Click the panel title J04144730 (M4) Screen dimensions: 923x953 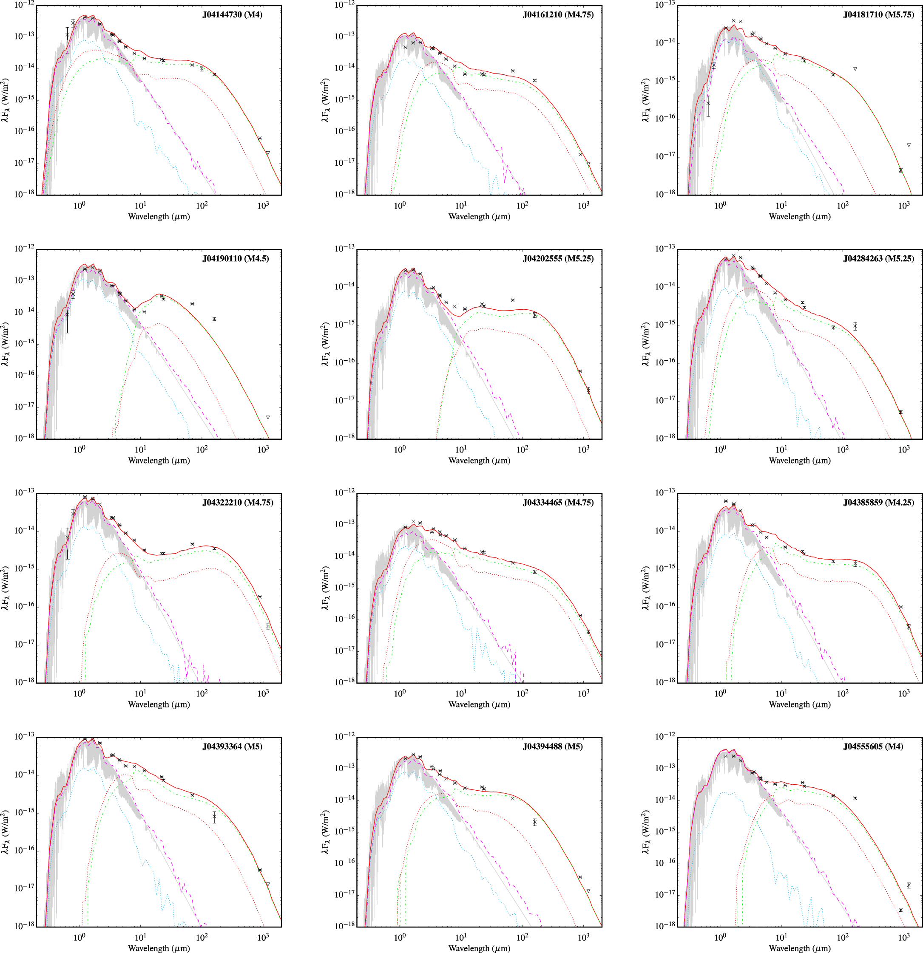click(232, 14)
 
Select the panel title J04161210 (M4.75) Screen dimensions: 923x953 click(558, 14)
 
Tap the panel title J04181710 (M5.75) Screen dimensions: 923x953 click(879, 14)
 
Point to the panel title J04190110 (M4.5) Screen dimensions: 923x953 click(236, 259)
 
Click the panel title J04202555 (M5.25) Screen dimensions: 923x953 click(558, 259)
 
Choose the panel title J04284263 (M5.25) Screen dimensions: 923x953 click(879, 259)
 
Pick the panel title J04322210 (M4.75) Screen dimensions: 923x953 click(238, 503)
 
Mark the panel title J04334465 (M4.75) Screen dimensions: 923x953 click(558, 503)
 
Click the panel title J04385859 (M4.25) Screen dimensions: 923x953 click(879, 503)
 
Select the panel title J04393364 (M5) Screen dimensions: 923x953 click(232, 747)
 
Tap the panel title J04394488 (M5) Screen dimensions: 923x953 click(553, 747)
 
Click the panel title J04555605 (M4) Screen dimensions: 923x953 click(873, 747)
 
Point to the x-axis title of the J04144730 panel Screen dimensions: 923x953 click(159, 216)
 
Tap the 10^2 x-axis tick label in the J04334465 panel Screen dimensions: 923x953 click(522, 693)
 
